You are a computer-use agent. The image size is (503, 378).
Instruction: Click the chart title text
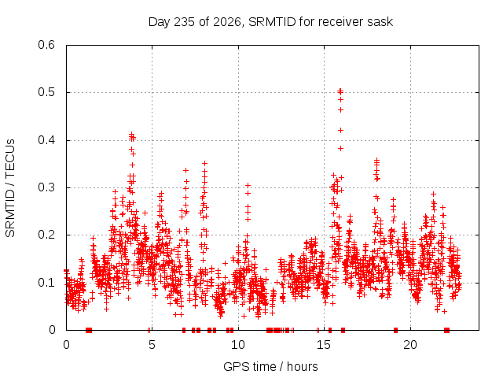270,22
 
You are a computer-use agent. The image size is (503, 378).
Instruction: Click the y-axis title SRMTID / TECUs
10,188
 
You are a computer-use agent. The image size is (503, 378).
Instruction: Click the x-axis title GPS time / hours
270,366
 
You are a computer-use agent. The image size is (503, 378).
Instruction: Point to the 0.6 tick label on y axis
46,45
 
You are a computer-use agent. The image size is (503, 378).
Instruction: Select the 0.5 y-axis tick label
46,92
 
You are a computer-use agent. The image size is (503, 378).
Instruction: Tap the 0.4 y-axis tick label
46,140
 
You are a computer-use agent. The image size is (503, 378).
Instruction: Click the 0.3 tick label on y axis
46,187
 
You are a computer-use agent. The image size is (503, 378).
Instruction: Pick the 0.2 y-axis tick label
46,235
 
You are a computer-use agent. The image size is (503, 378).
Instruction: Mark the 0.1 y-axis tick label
46,283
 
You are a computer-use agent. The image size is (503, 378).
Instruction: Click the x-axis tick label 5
152,345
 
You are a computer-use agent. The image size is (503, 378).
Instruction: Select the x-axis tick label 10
237,345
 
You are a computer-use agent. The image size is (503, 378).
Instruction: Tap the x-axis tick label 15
324,345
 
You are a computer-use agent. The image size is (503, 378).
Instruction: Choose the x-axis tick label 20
410,345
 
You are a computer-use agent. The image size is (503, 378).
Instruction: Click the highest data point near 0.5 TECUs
340,91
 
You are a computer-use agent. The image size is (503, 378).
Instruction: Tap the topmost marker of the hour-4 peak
131,134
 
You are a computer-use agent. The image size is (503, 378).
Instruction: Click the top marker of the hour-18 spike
377,159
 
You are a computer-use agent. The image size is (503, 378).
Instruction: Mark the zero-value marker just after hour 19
395,330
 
